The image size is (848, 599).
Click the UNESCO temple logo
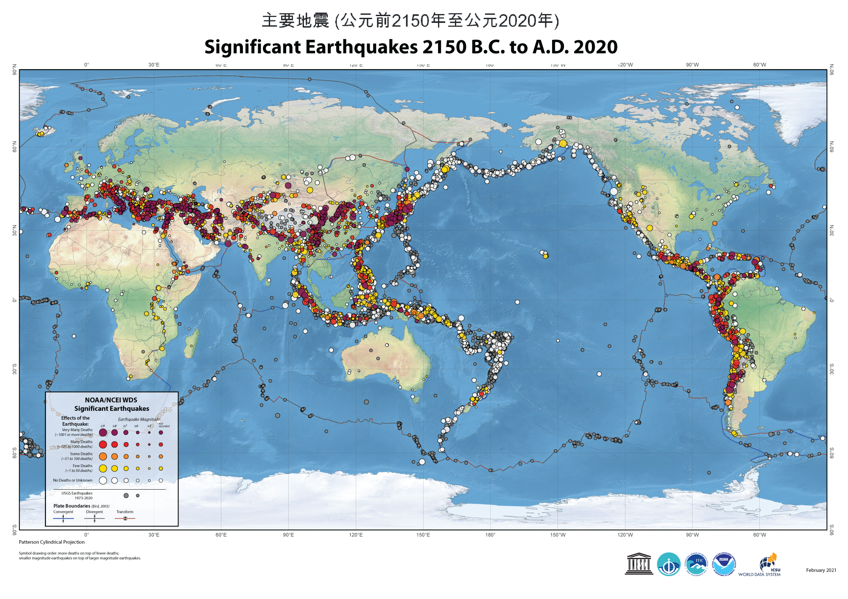(x=639, y=564)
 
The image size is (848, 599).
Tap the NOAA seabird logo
(x=724, y=564)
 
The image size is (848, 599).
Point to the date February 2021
(x=821, y=570)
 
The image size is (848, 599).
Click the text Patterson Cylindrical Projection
(x=52, y=542)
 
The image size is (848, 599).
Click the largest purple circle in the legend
(x=103, y=432)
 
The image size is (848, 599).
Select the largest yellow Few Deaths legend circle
(x=103, y=468)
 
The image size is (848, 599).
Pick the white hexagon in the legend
(x=161, y=480)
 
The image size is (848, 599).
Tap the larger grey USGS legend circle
(x=126, y=496)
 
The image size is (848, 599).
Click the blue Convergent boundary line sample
(x=64, y=518)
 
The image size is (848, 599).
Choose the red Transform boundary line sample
(x=125, y=518)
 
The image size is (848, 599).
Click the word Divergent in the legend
(x=95, y=512)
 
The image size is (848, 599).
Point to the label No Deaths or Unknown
(x=73, y=480)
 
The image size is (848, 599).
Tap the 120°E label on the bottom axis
(x=356, y=535)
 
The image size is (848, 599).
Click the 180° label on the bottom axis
(x=490, y=535)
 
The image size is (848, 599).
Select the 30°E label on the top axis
(x=154, y=65)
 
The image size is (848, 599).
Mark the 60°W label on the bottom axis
(x=759, y=535)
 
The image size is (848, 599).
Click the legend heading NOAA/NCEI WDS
(x=111, y=400)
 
